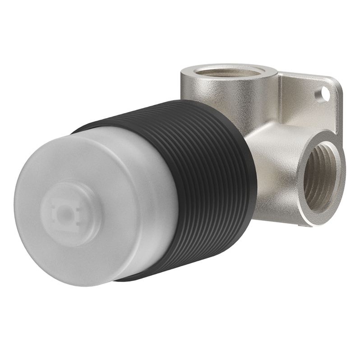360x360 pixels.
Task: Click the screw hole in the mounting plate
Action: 323,94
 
